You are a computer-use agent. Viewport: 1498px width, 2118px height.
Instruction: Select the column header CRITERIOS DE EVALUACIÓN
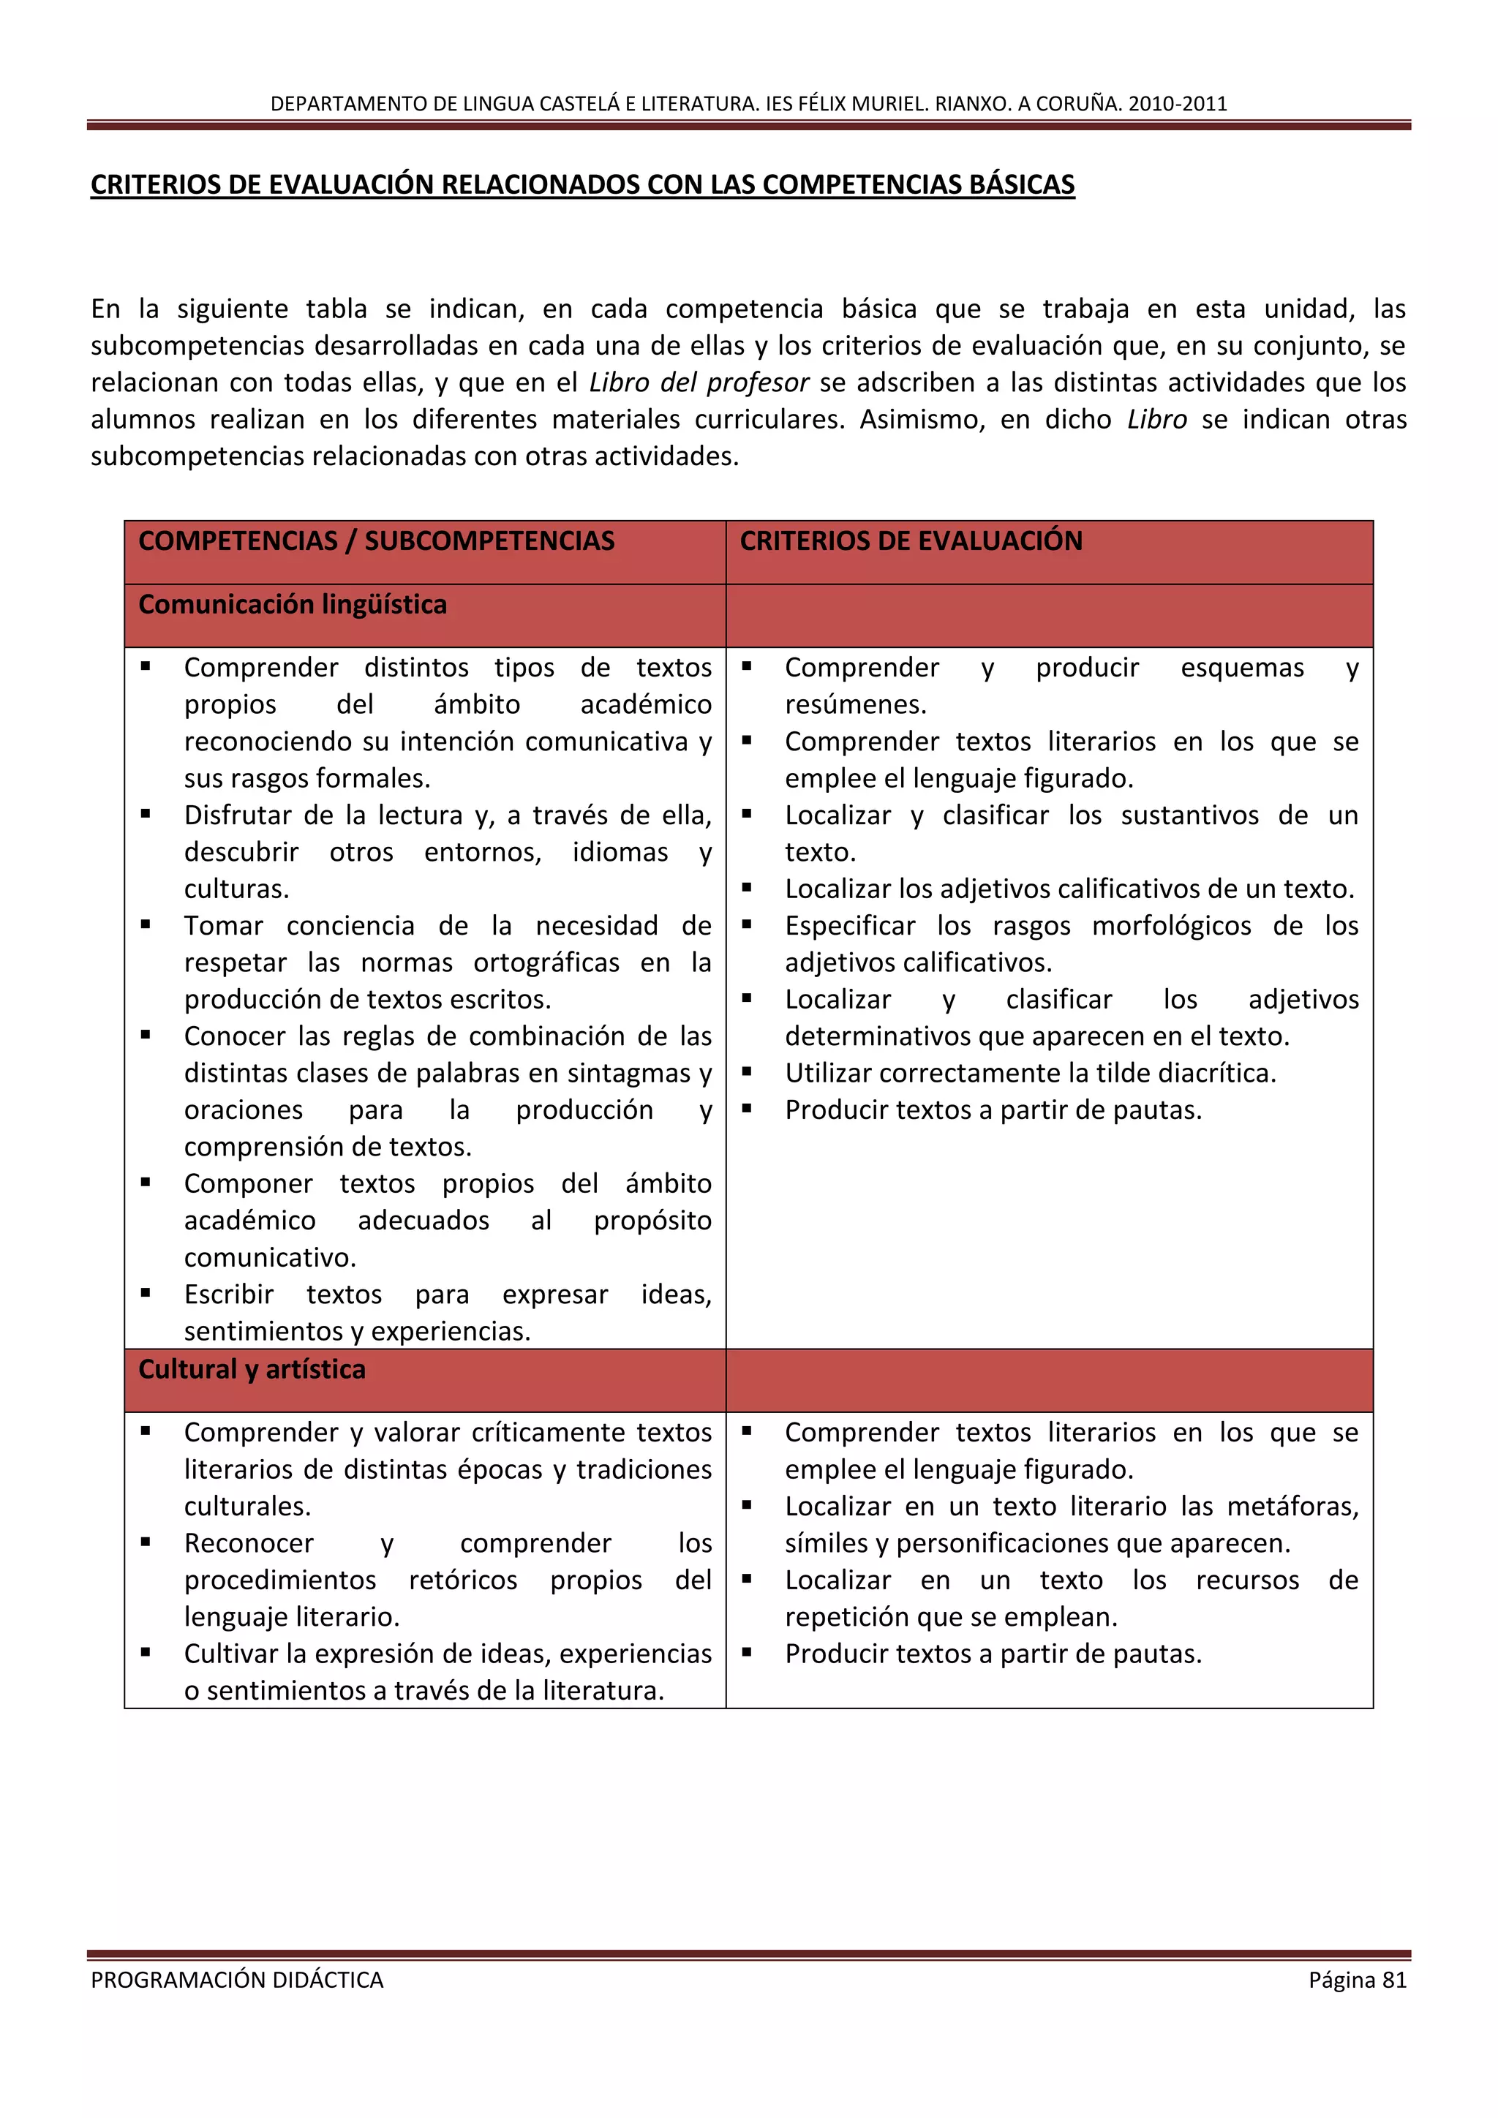pyautogui.click(x=911, y=540)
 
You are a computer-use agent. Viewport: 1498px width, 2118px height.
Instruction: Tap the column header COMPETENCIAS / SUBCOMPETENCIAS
pyautogui.click(x=377, y=540)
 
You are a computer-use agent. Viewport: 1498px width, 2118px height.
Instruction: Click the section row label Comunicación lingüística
pyautogui.click(x=293, y=604)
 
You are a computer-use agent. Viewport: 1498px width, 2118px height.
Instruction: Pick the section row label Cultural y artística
pyautogui.click(x=252, y=1369)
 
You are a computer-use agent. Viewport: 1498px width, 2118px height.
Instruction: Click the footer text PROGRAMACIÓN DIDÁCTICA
pyautogui.click(x=237, y=1980)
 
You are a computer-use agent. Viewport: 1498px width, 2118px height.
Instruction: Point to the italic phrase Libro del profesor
pyautogui.click(x=699, y=382)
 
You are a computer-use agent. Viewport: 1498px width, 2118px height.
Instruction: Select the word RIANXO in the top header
pyautogui.click(x=972, y=103)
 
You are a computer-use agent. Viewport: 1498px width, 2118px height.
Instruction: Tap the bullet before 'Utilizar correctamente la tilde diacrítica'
pyautogui.click(x=747, y=1071)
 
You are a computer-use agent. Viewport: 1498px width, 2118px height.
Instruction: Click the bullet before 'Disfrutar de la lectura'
pyautogui.click(x=146, y=813)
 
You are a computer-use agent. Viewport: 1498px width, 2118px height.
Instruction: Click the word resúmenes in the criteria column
pyautogui.click(x=855, y=705)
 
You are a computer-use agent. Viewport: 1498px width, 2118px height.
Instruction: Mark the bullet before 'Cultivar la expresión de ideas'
pyautogui.click(x=146, y=1651)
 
